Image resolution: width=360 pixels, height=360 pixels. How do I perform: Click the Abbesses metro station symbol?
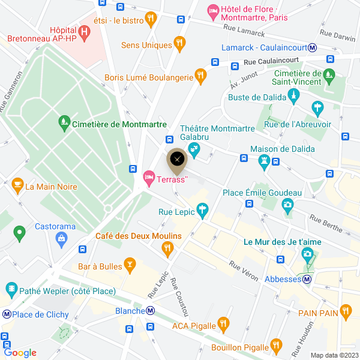307,279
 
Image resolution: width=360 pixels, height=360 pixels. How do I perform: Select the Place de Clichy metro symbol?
7,314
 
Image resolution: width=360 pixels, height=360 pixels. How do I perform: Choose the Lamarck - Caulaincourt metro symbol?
313,47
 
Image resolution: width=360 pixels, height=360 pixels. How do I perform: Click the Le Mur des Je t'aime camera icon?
308,254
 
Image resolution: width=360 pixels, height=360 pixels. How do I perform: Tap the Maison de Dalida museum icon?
264,160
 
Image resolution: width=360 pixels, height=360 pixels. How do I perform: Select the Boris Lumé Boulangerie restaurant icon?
201,76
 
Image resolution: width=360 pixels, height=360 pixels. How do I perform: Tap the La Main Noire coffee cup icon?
17,185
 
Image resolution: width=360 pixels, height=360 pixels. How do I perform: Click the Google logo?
20,353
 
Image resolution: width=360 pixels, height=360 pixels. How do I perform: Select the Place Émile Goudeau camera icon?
288,205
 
